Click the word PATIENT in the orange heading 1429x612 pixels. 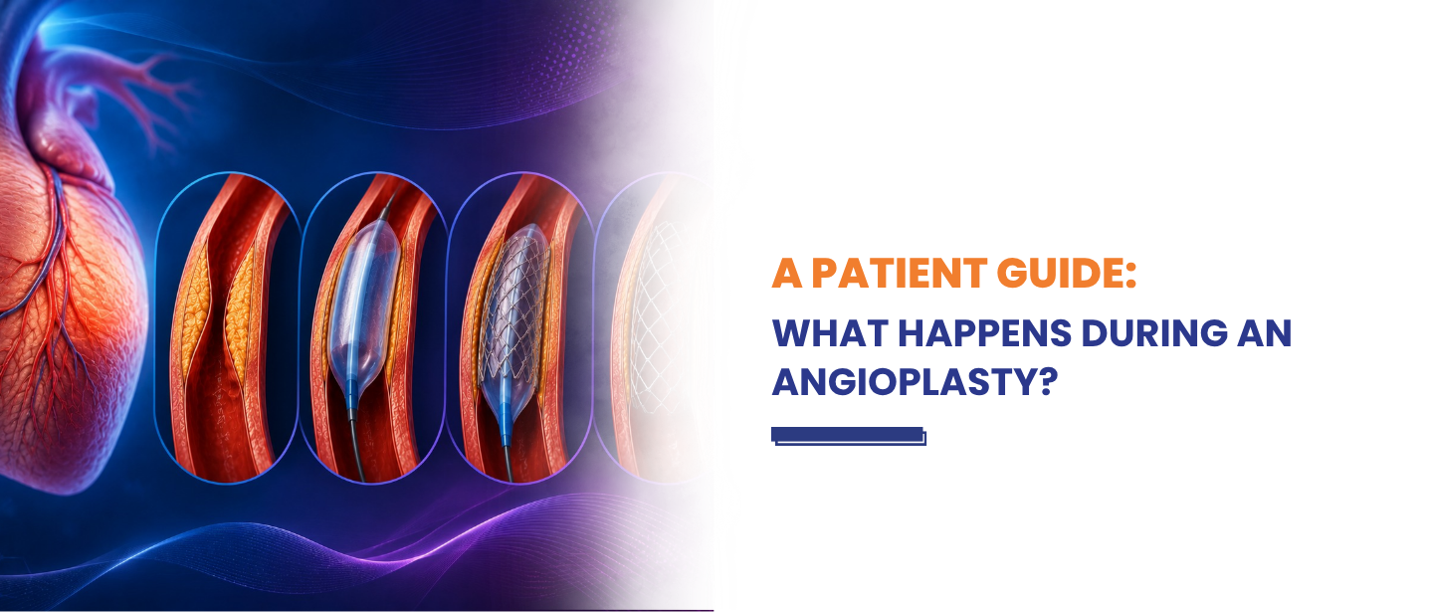(x=900, y=273)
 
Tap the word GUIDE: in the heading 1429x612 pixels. (x=1067, y=273)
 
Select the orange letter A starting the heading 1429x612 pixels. (x=786, y=273)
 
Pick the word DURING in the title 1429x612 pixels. (x=1154, y=333)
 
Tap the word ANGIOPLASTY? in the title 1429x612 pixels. (x=915, y=381)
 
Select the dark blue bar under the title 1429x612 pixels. (x=849, y=436)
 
